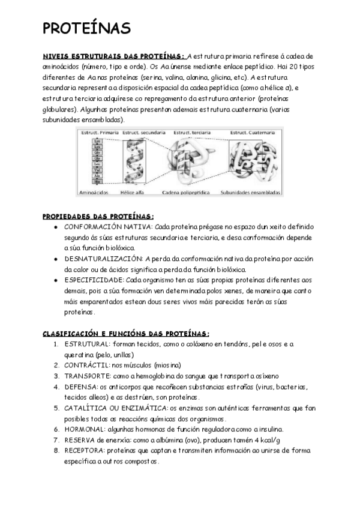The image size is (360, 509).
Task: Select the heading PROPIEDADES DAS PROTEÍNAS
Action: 98,216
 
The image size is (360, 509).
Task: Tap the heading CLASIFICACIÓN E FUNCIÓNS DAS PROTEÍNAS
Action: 125,333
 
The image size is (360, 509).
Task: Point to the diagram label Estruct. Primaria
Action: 98,132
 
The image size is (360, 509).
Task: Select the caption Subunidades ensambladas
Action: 250,193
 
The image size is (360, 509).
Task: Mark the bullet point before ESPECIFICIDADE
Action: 55,279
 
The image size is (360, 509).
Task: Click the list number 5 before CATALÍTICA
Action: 56,408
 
